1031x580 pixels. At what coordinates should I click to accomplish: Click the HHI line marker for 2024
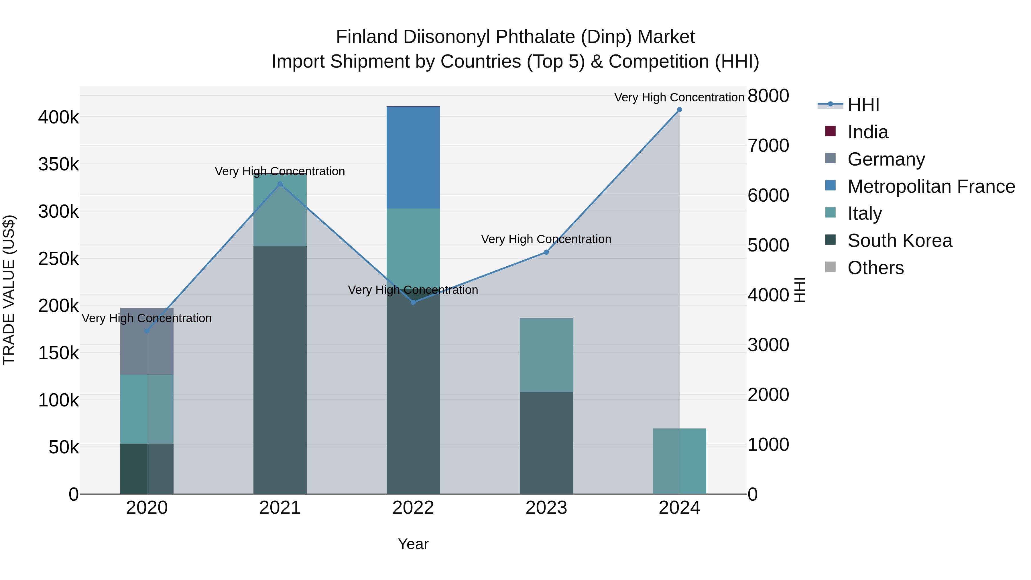[679, 110]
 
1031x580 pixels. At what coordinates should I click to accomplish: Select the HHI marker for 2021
[280, 184]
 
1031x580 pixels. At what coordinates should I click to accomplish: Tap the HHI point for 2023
[546, 252]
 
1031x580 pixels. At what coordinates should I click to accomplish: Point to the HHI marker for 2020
[147, 331]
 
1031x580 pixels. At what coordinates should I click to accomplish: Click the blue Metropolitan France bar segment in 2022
[413, 157]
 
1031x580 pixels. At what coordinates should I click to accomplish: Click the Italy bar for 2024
[679, 461]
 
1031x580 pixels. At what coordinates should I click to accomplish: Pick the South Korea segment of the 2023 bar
[546, 443]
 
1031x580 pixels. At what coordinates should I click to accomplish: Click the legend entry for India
[867, 132]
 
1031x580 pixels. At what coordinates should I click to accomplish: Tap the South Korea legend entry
[899, 241]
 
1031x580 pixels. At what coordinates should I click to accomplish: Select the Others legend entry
[875, 268]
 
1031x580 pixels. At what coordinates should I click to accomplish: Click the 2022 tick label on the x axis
[413, 508]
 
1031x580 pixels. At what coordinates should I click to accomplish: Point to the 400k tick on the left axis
[58, 118]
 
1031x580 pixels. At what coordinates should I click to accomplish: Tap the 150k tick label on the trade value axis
[58, 353]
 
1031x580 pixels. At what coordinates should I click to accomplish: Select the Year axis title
[413, 544]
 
